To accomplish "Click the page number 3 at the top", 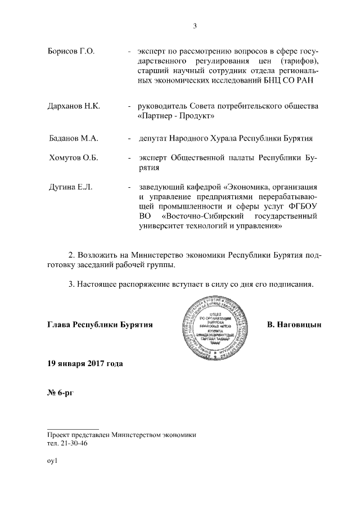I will pos(195,25).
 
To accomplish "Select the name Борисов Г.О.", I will pos(70,52).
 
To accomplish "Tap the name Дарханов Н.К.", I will pos(74,107).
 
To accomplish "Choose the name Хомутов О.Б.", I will pos(74,158).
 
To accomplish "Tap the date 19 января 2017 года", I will pos(84,363).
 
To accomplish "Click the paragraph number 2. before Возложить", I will pos(71,256).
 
